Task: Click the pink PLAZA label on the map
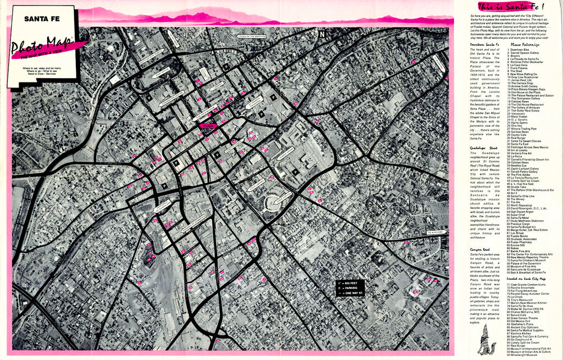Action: (208, 126)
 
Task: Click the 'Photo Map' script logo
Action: (44, 47)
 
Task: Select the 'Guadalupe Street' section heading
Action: (484, 148)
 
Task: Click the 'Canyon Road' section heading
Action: (480, 250)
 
